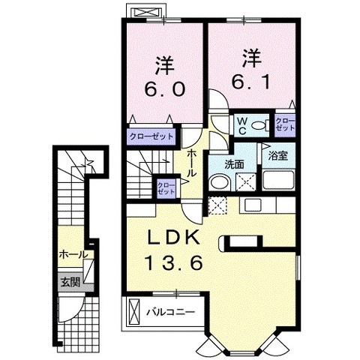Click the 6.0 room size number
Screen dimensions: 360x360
pos(165,89)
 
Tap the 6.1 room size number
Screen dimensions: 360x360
pos(251,82)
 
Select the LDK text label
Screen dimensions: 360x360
pos(174,237)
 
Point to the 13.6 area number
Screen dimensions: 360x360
pos(174,262)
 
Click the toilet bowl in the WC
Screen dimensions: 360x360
pos(259,125)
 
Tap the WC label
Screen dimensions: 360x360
pos(241,126)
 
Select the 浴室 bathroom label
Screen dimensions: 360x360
pos(277,156)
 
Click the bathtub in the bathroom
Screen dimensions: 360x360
pos(278,180)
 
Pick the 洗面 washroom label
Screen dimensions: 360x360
pos(234,164)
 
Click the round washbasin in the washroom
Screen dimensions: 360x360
pos(220,182)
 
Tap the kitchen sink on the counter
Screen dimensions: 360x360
pos(253,205)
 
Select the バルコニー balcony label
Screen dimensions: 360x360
pos(170,312)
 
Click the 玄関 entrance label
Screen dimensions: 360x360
pos(70,283)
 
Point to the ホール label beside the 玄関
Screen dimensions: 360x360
pos(73,255)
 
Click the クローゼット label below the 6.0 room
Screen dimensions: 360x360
pos(151,136)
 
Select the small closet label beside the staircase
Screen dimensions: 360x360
pos(166,188)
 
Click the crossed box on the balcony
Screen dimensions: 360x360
pos(133,312)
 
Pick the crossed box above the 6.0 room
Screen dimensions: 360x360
pos(145,12)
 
